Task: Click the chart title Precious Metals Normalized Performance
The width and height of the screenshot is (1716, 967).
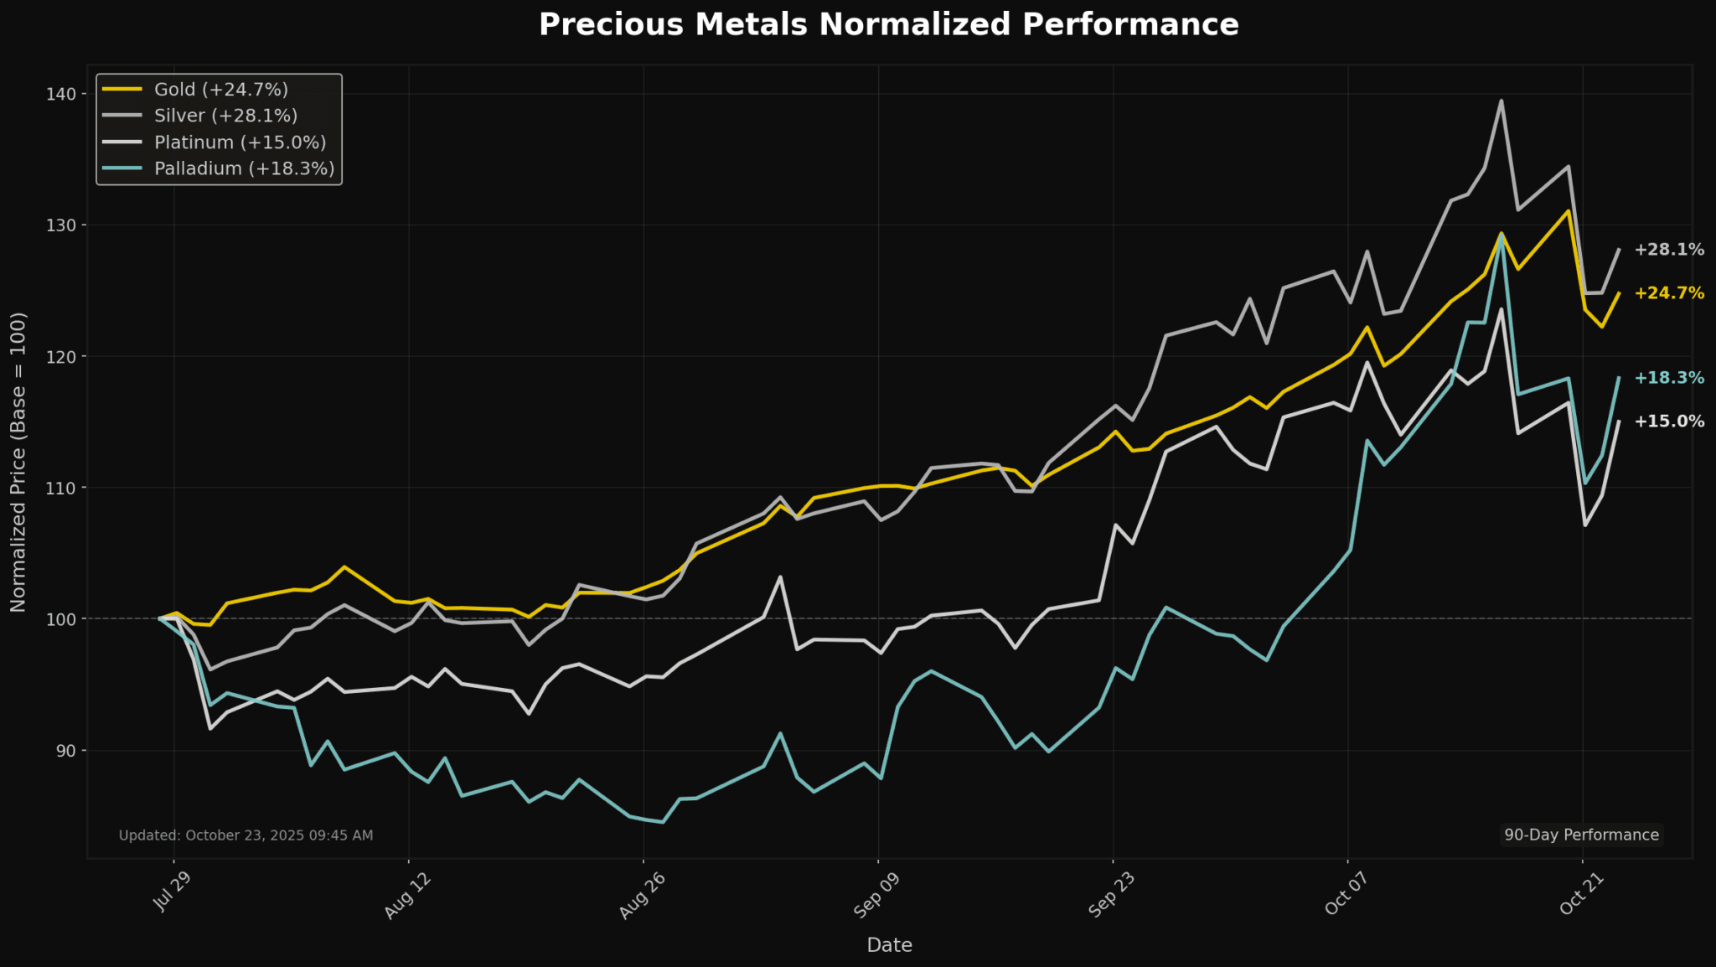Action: pos(888,25)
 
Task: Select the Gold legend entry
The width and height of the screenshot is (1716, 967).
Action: pos(220,90)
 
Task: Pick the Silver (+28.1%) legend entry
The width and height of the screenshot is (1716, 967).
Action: pos(225,116)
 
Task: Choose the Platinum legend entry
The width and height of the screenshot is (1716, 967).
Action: pos(240,142)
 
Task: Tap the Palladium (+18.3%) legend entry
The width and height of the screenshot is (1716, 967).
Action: pos(244,168)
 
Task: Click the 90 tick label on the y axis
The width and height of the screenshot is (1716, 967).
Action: pos(65,751)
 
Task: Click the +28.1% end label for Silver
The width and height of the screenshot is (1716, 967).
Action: pos(1668,250)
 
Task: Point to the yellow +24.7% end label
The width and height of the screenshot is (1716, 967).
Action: pos(1668,293)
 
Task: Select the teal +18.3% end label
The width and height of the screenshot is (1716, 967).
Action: pos(1668,378)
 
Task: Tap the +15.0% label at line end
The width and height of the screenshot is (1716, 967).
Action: pos(1668,421)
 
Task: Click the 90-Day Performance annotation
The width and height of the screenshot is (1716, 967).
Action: pos(1581,835)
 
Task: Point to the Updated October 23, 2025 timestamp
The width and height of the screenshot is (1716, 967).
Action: pos(246,835)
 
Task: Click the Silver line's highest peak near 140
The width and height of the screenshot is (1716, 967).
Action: pos(1501,101)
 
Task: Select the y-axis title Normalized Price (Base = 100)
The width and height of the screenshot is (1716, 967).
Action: pos(18,462)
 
